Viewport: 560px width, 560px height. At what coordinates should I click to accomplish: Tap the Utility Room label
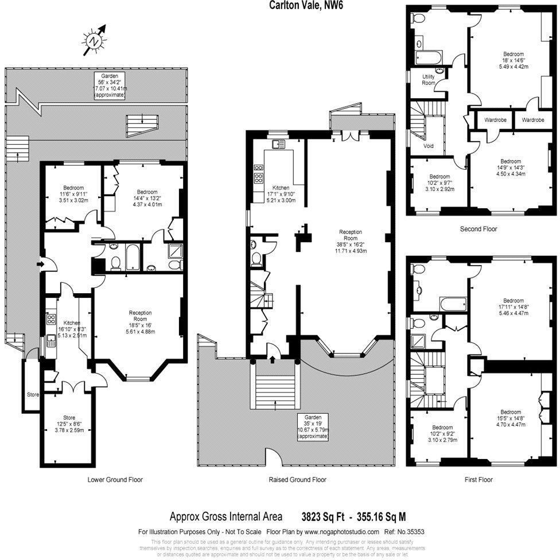tap(429, 80)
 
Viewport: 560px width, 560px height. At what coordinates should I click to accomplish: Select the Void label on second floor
tap(429, 146)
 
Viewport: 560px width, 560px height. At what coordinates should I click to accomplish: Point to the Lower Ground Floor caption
tap(115, 480)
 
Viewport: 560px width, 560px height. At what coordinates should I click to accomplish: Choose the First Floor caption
tap(478, 480)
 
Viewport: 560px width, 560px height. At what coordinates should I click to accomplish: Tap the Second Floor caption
tap(479, 229)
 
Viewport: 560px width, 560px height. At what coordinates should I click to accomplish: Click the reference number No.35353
tap(412, 531)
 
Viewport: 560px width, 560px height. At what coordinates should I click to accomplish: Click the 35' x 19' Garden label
tap(313, 427)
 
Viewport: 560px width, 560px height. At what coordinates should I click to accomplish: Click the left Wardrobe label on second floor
tap(494, 120)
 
